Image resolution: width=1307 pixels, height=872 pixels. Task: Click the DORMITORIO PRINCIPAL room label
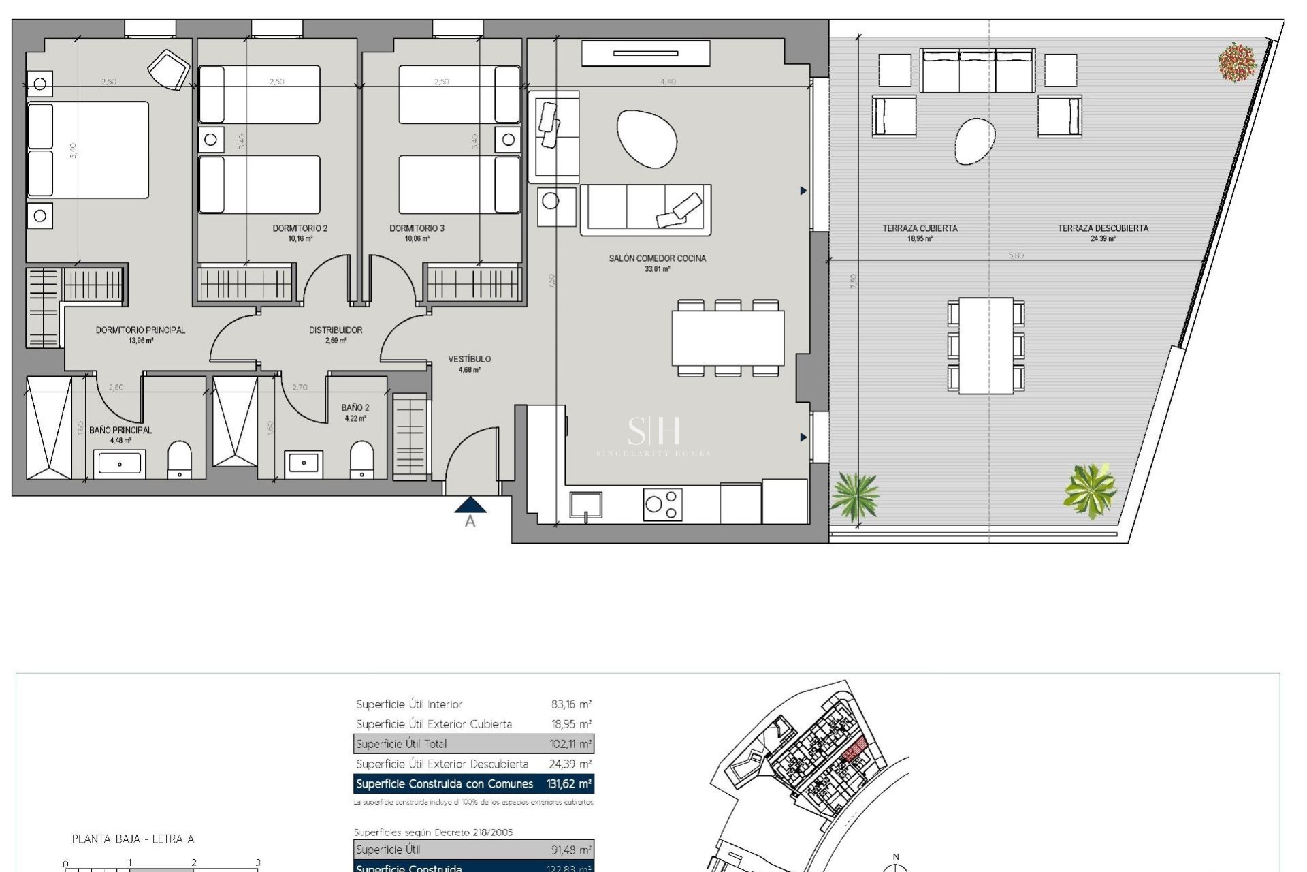[x=140, y=330]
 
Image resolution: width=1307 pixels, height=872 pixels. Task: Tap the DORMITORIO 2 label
[x=300, y=228]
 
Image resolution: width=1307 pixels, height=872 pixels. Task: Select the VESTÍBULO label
[x=469, y=359]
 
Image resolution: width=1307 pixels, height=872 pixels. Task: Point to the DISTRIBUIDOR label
[x=336, y=330]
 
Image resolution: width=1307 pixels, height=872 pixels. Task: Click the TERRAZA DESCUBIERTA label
[x=1103, y=228]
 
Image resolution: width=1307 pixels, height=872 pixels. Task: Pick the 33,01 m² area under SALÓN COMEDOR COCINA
[x=657, y=269]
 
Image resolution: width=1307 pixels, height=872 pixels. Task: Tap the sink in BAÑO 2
[x=304, y=463]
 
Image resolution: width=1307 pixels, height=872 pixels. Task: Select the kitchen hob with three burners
[x=662, y=504]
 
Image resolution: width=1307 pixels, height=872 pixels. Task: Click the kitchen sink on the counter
[x=585, y=505]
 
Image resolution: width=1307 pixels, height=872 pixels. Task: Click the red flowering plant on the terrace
[x=1237, y=63]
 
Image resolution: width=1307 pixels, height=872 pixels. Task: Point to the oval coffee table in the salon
[x=647, y=138]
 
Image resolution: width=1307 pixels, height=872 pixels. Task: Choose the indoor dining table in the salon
[x=728, y=338]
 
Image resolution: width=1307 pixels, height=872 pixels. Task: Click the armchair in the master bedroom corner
[x=169, y=69]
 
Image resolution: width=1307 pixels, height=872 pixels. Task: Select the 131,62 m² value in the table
[x=568, y=784]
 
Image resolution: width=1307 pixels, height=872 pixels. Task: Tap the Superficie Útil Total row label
[x=402, y=744]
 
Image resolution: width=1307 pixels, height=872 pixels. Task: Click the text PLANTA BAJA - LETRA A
[x=133, y=839]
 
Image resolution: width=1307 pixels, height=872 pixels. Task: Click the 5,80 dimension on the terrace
[x=1015, y=255]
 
